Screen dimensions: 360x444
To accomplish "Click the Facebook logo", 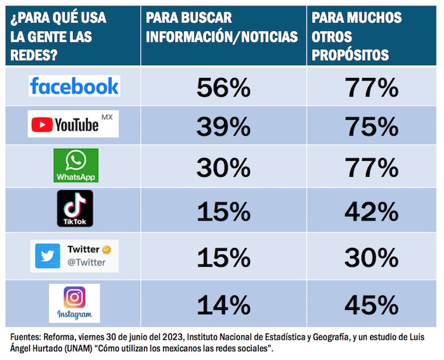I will pyautogui.click(x=74, y=86).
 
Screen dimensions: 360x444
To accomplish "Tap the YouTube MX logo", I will pyautogui.click(x=74, y=124).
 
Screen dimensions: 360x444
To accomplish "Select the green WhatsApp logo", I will pyautogui.click(x=76, y=165).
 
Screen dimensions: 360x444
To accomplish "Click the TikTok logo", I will pyautogui.click(x=75, y=209).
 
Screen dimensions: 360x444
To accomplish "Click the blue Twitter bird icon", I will pyautogui.click(x=48, y=255).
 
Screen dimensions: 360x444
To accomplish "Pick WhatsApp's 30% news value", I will pyautogui.click(x=223, y=169).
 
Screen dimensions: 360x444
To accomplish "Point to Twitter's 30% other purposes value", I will pyautogui.click(x=372, y=259).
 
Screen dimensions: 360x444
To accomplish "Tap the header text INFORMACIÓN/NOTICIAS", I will pyautogui.click(x=222, y=37).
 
